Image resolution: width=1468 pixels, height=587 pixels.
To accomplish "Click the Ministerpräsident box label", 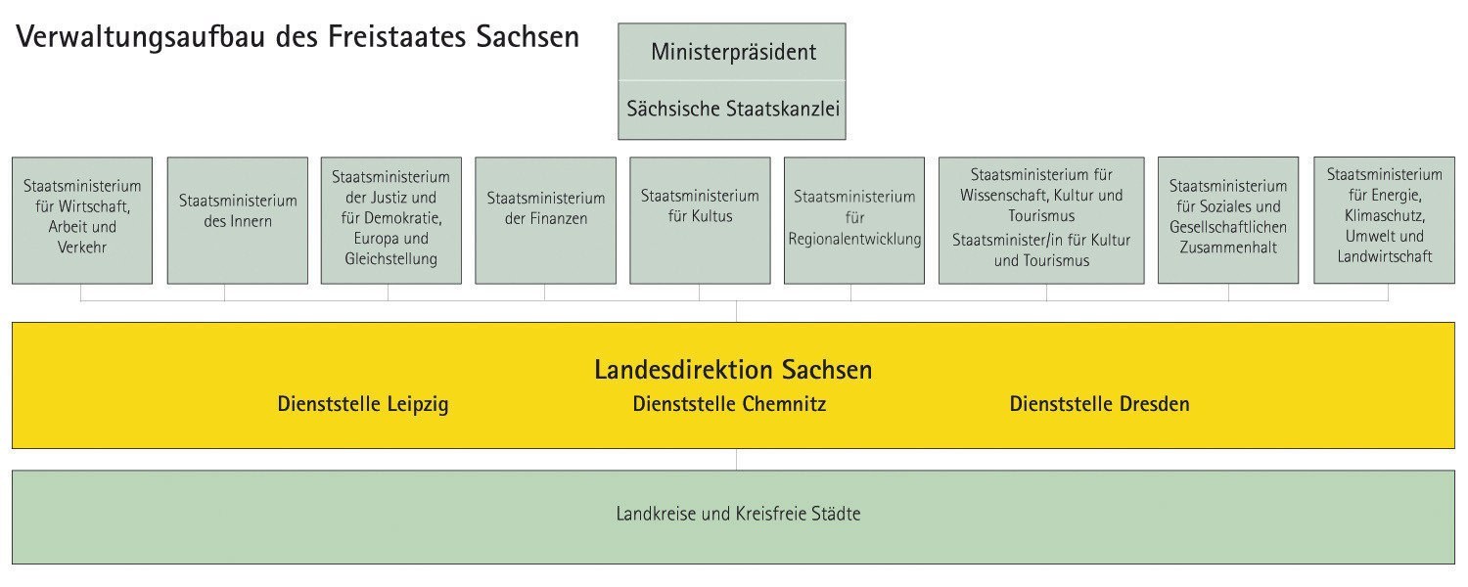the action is click(733, 52).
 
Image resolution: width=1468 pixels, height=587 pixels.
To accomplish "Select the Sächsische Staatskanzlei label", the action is click(733, 109).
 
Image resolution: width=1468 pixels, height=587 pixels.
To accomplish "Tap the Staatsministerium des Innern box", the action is click(237, 220).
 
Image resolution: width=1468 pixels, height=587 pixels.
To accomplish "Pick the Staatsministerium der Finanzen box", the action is click(545, 220).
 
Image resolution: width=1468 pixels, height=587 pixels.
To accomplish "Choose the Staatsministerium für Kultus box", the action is click(700, 220).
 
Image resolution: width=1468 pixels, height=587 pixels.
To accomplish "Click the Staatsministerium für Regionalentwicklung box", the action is click(854, 220).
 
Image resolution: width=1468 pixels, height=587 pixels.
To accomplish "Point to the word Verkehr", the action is click(82, 248).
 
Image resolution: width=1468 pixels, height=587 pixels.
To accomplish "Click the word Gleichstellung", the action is click(391, 259).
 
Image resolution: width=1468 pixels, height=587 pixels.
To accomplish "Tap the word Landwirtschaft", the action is click(1384, 256).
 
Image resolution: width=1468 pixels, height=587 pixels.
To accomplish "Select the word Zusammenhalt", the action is click(1228, 248).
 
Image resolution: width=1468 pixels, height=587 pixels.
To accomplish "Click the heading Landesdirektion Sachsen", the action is click(733, 370).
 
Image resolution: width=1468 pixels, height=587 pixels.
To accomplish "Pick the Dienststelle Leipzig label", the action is click(363, 404).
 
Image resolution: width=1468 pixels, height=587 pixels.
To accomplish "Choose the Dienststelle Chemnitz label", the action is click(729, 404).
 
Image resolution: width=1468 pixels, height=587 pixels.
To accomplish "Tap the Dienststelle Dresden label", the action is click(1100, 404).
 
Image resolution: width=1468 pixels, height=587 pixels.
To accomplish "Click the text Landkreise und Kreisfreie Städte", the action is click(738, 514).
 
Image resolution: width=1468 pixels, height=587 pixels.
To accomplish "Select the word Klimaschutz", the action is click(1384, 215).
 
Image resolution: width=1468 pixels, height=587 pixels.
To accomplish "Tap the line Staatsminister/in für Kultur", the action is click(1041, 241).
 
